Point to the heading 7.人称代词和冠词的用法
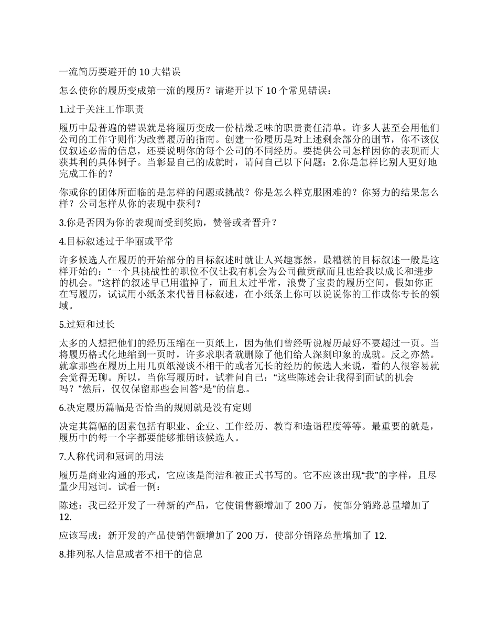click(x=112, y=456)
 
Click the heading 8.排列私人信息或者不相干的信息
click(x=132, y=553)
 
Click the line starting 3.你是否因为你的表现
click(x=168, y=223)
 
